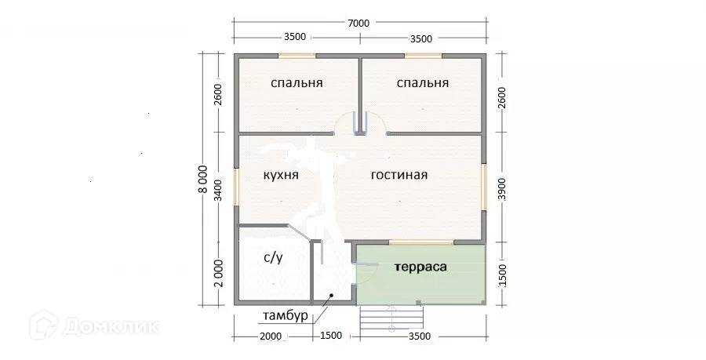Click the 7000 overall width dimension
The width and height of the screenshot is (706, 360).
358,23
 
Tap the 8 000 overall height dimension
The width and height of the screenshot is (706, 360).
203,179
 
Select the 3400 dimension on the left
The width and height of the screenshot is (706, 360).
217,191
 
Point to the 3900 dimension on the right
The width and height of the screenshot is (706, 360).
502,189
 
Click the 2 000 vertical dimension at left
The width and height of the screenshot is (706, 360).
218,273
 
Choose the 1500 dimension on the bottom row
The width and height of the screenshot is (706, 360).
331,335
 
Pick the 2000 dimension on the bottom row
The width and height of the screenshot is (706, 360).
271,336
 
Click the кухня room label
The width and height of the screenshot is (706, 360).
281,175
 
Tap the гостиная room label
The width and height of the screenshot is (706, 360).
399,175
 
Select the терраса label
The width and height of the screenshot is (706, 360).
421,267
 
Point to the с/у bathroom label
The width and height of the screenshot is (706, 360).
273,258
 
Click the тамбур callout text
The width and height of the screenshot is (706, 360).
286,315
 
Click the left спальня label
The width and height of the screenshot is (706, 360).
297,83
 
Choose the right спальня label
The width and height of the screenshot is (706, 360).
423,83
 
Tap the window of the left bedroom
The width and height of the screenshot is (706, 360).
297,56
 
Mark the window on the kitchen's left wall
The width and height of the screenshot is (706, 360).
236,187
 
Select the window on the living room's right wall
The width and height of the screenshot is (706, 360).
484,187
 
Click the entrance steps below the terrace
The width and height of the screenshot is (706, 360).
391,319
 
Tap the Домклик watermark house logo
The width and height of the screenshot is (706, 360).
44,325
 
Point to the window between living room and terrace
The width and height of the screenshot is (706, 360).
421,242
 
